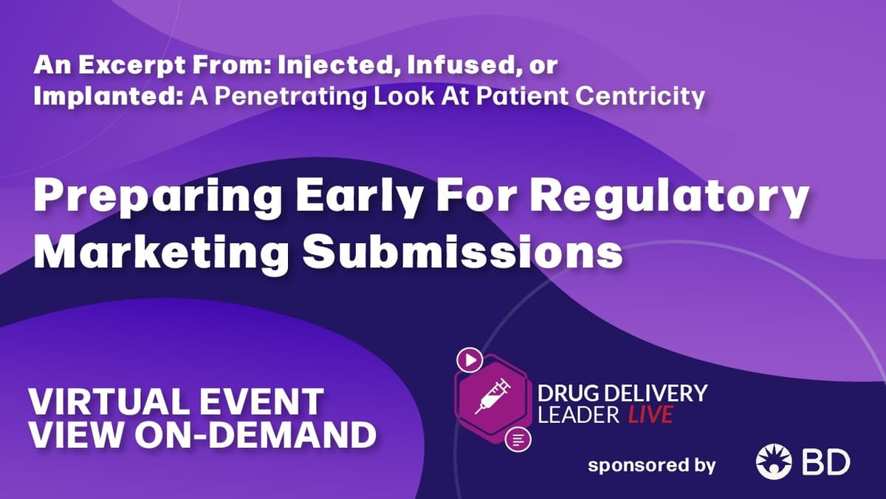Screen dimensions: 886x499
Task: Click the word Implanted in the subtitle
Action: point(109,97)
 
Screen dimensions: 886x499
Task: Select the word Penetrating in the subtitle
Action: point(291,97)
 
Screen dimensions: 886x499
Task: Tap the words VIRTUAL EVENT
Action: point(176,401)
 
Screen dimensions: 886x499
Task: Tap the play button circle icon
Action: point(470,360)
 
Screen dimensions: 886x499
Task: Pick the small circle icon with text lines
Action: point(518,439)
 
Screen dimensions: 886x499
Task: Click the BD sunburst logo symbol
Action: point(774,461)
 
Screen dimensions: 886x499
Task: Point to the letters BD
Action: point(826,462)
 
